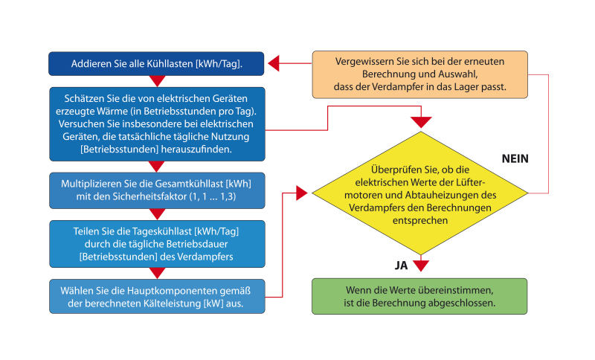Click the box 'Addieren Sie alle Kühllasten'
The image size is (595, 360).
click(157, 63)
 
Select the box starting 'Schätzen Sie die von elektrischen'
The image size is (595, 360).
click(157, 123)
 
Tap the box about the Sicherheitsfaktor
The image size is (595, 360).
click(157, 190)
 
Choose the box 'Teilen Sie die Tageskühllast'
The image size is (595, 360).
click(157, 243)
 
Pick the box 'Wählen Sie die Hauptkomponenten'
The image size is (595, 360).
click(157, 296)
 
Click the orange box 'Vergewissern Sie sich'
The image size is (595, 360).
click(419, 74)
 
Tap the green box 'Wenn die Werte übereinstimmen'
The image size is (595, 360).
click(419, 296)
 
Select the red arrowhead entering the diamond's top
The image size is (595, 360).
click(422, 121)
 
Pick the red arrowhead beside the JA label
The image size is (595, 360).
click(422, 266)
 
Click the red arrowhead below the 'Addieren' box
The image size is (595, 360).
click(157, 81)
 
